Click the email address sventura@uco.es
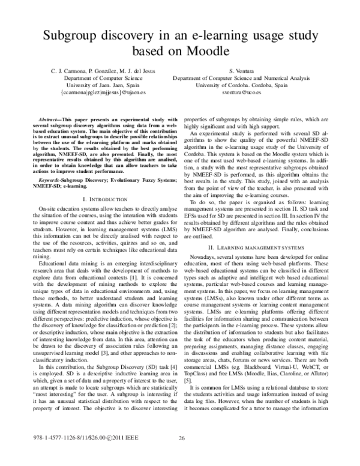[x=260, y=94]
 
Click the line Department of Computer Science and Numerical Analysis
[x=260, y=78]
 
